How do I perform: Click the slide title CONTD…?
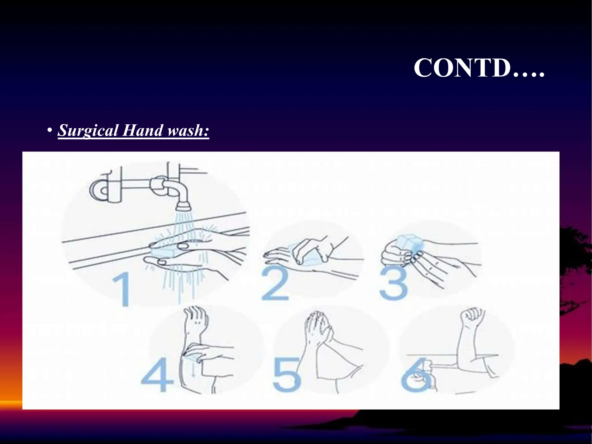pyautogui.click(x=479, y=68)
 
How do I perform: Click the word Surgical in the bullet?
pyautogui.click(x=88, y=130)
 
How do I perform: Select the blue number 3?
pyautogui.click(x=393, y=283)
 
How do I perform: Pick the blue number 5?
pyautogui.click(x=287, y=375)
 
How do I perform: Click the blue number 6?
pyautogui.click(x=415, y=375)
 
